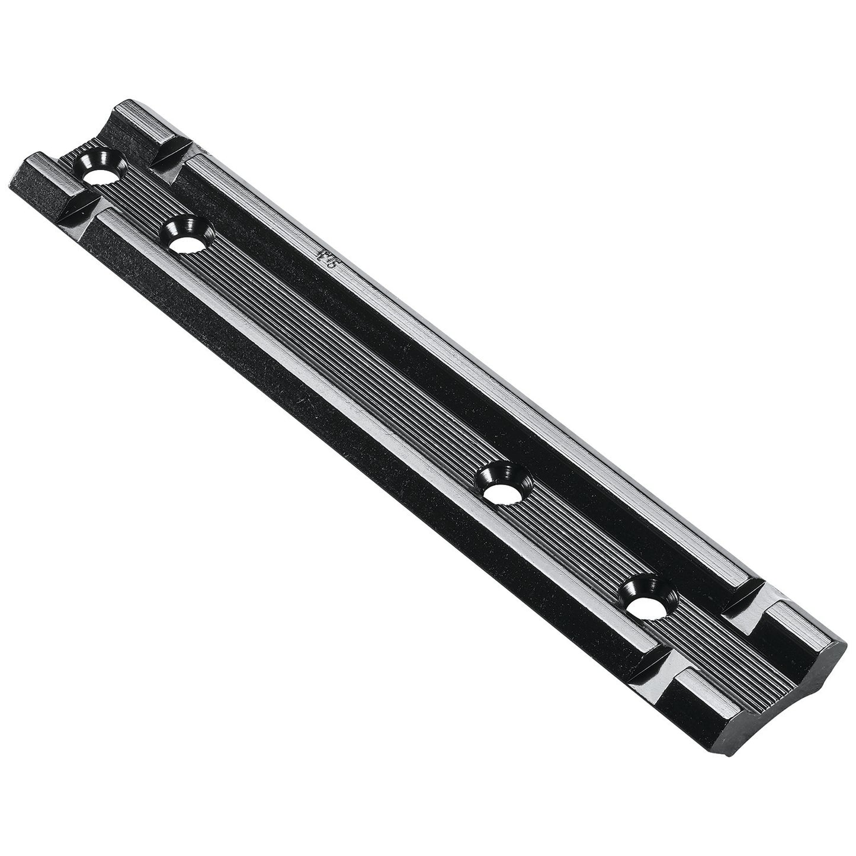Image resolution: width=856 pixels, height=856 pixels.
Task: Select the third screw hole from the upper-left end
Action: (x=501, y=490)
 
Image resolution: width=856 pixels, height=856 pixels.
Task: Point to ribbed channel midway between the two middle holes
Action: (x=344, y=364)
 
